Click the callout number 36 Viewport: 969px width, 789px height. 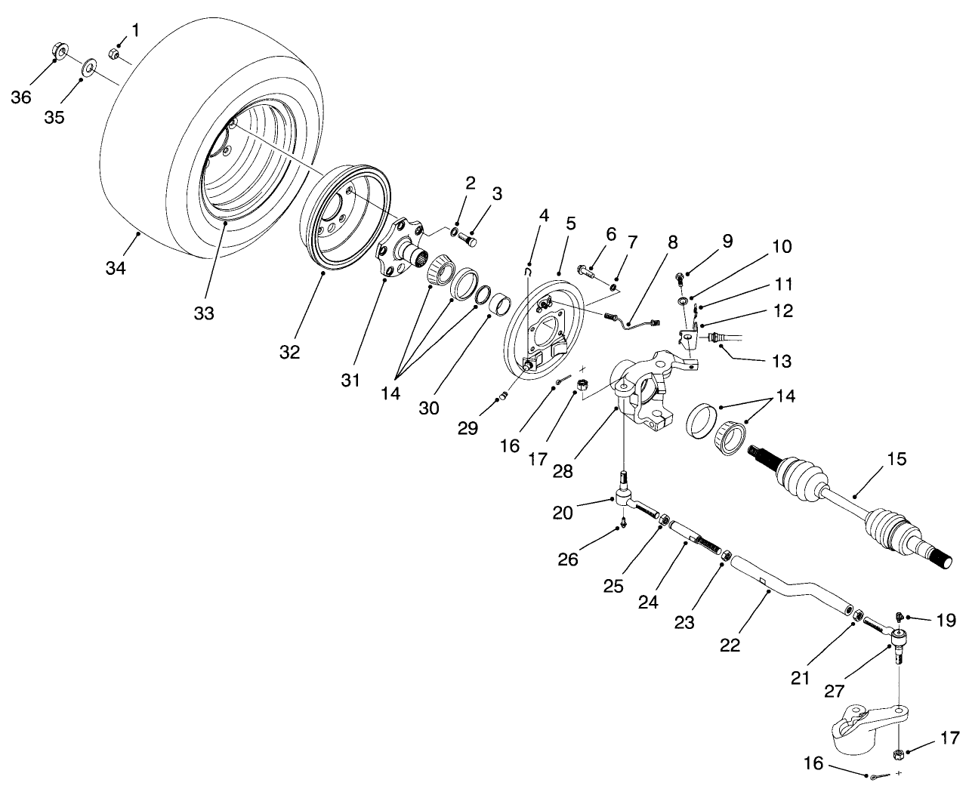click(21, 97)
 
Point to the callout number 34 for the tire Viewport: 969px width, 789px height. click(115, 268)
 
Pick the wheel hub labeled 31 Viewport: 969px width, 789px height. click(400, 248)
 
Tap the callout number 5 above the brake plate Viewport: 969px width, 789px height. click(570, 223)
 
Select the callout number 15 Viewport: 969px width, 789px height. click(896, 459)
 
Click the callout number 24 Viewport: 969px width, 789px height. click(648, 602)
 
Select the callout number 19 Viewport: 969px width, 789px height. click(946, 621)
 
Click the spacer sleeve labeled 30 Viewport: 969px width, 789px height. click(498, 307)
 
